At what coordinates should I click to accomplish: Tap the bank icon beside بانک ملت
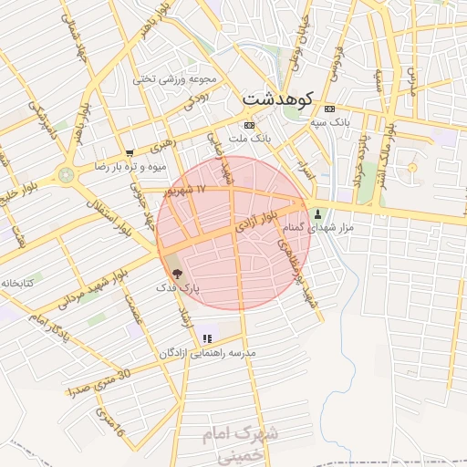[248, 124]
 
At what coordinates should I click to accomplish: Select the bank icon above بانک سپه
[329, 108]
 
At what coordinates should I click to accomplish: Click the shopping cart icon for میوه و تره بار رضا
[130, 153]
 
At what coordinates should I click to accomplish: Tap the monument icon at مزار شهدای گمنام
[318, 214]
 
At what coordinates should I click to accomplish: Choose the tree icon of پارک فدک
[176, 272]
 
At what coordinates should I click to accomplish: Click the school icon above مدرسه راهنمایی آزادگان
[207, 338]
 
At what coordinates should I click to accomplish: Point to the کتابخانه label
[18, 284]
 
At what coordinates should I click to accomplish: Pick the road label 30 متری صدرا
[100, 383]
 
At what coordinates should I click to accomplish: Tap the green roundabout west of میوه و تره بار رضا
[66, 174]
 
